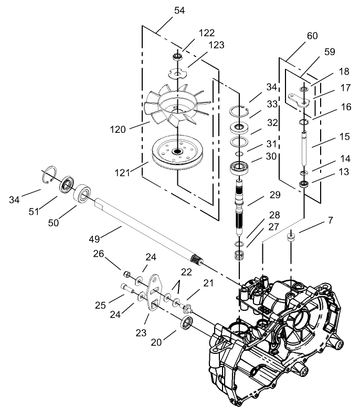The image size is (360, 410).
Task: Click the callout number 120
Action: pyautogui.click(x=118, y=129)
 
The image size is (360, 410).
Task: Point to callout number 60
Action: pyautogui.click(x=312, y=36)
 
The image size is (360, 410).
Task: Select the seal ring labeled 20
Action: pyautogui.click(x=187, y=323)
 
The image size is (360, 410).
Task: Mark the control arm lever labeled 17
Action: pyautogui.click(x=300, y=98)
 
